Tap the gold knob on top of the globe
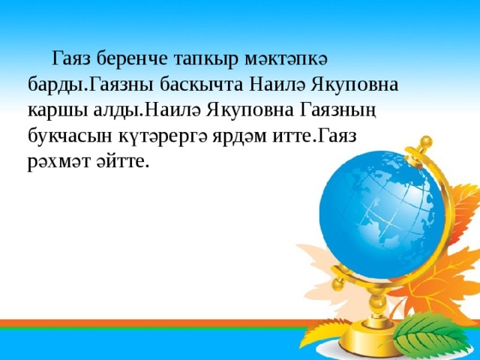click(426, 140)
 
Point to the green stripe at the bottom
click(150, 329)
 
